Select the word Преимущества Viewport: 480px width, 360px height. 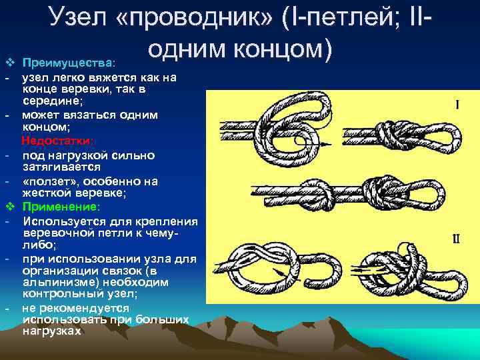[x=67, y=63]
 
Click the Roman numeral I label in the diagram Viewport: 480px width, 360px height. [x=457, y=105]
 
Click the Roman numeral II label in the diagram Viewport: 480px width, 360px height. [x=457, y=238]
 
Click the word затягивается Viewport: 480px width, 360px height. [x=61, y=167]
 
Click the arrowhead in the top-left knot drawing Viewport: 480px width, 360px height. [x=324, y=144]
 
